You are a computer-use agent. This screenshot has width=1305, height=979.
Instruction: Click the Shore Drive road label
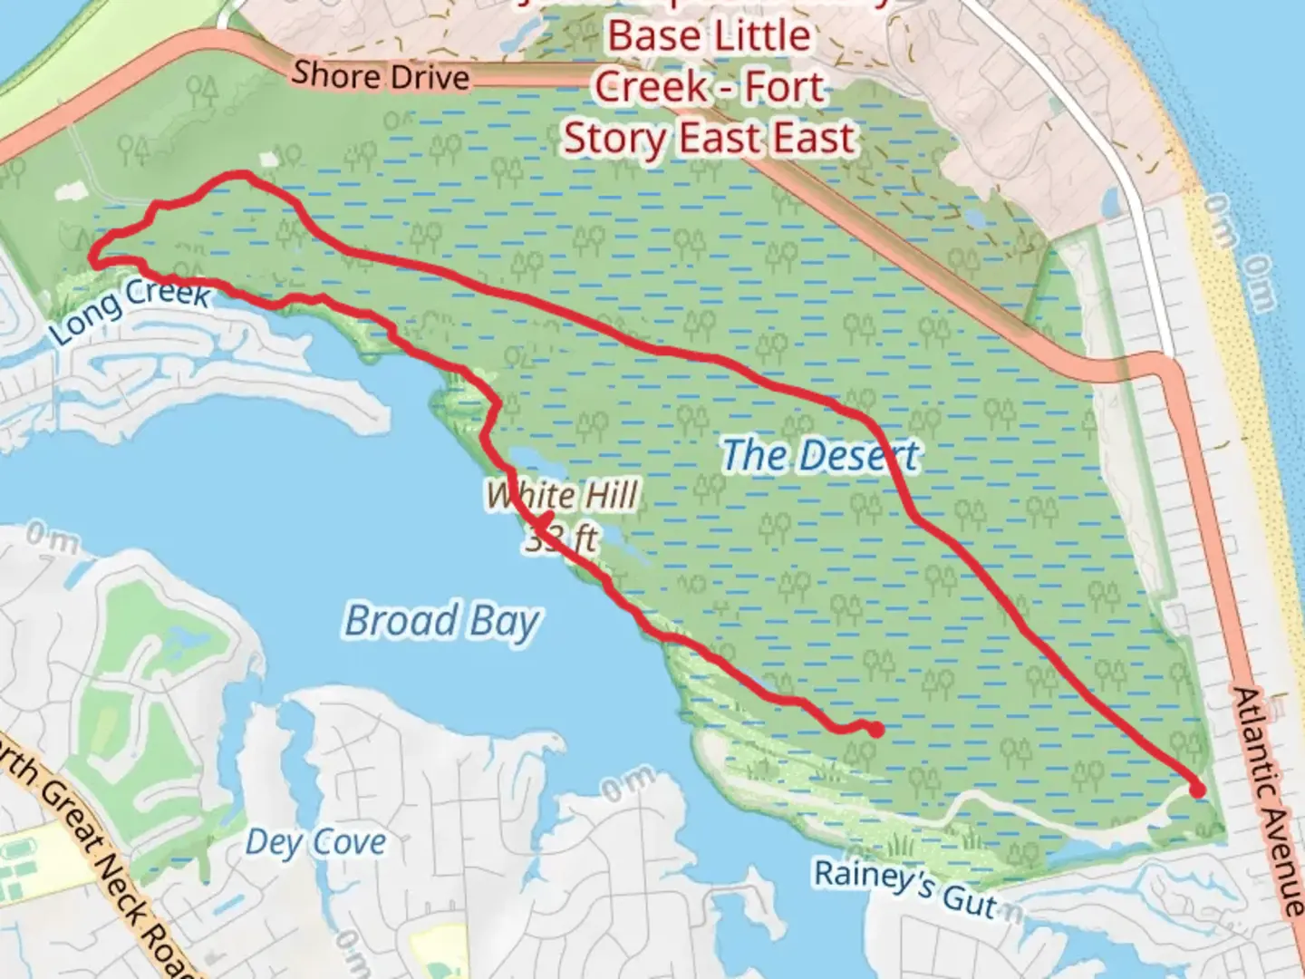pyautogui.click(x=381, y=75)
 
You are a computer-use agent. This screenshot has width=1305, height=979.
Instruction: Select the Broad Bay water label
pyautogui.click(x=442, y=622)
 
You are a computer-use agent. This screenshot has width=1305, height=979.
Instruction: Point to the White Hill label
pyautogui.click(x=563, y=495)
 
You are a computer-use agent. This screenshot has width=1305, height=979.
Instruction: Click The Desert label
pyautogui.click(x=820, y=455)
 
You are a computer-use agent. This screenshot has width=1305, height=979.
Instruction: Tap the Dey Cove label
pyautogui.click(x=315, y=842)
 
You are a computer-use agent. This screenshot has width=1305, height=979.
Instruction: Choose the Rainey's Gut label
pyautogui.click(x=904, y=887)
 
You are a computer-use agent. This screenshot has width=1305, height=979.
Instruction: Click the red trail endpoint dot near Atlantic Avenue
pyautogui.click(x=1197, y=790)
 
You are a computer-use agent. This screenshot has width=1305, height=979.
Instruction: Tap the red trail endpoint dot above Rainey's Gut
pyautogui.click(x=876, y=729)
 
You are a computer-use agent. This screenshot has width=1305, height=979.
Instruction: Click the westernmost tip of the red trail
pyautogui.click(x=93, y=262)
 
